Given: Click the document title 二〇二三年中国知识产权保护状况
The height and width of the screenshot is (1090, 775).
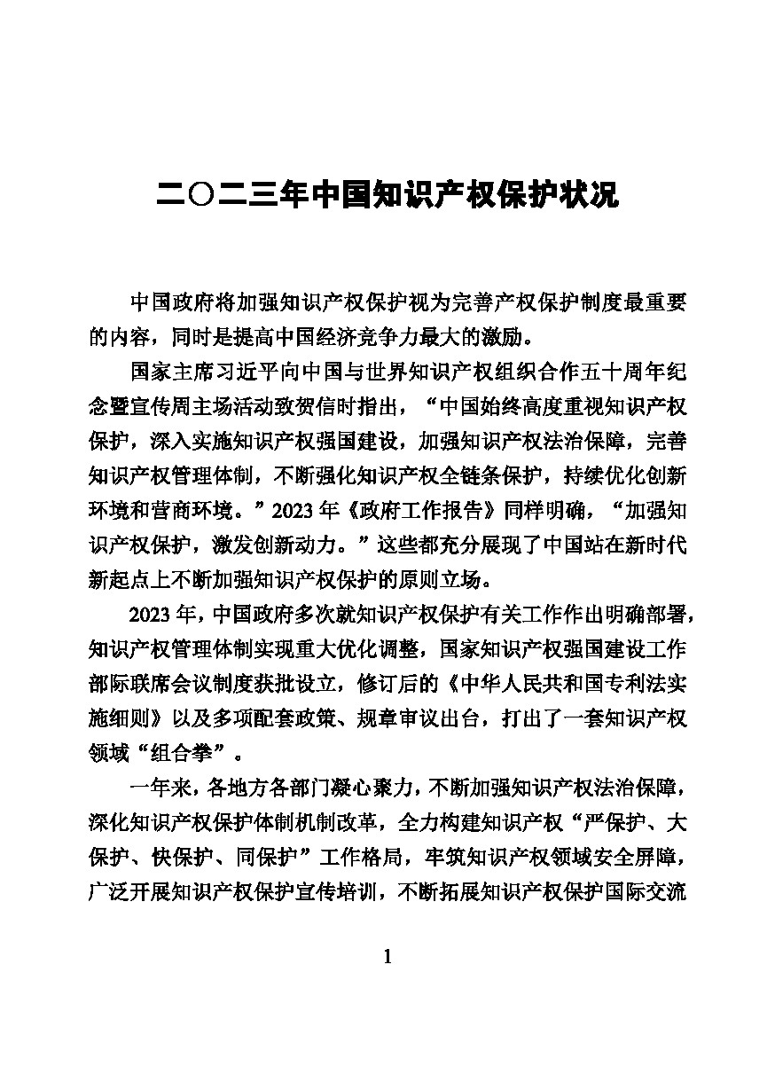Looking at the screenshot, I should (387, 194).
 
